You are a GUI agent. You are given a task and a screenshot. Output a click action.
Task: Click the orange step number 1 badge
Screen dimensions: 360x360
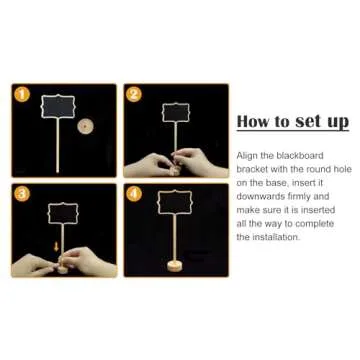click(22, 94)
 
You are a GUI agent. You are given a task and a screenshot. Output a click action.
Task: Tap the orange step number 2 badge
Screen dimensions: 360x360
click(134, 94)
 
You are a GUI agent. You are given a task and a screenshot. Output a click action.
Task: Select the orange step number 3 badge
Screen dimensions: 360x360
click(22, 194)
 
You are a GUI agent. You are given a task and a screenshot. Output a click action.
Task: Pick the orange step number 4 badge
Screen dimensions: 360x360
click(134, 194)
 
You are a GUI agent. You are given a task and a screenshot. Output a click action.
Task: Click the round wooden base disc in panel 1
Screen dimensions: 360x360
click(85, 127)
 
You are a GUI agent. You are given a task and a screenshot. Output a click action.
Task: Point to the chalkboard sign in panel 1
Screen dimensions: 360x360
click(58, 107)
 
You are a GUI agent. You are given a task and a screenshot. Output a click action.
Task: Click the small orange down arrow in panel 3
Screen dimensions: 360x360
click(56, 247)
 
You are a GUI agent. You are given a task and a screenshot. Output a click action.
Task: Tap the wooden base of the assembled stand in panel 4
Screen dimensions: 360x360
click(174, 266)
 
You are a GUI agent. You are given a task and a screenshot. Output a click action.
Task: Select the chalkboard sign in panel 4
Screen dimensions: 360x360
click(174, 202)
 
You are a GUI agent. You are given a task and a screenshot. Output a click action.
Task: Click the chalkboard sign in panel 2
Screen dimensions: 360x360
click(176, 112)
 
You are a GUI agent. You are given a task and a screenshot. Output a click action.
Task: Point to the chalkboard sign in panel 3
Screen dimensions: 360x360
click(63, 213)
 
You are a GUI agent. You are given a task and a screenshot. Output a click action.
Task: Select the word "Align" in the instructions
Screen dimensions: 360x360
click(247, 156)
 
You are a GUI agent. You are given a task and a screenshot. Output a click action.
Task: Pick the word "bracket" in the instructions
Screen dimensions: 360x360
click(252, 169)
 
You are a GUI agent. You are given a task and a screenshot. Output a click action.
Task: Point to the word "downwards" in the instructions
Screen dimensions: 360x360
click(260, 196)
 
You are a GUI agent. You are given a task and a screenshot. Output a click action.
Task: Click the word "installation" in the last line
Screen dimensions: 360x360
click(276, 237)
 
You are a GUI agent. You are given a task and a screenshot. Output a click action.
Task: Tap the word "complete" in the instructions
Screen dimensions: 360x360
click(314, 224)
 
